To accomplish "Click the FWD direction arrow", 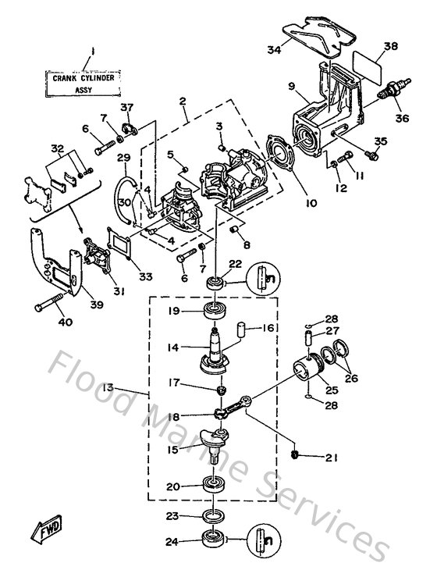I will click(48, 534).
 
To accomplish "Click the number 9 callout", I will click(290, 85).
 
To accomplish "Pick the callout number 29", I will click(123, 158).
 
